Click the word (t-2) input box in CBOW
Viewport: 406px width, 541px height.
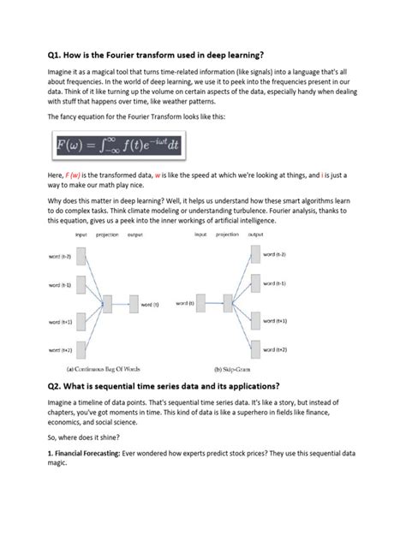point(82,256)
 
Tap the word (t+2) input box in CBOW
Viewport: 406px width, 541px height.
point(82,350)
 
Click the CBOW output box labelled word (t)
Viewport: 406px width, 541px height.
point(134,303)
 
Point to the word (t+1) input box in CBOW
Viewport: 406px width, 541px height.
point(82,321)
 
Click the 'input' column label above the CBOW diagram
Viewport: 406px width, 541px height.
point(81,234)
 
